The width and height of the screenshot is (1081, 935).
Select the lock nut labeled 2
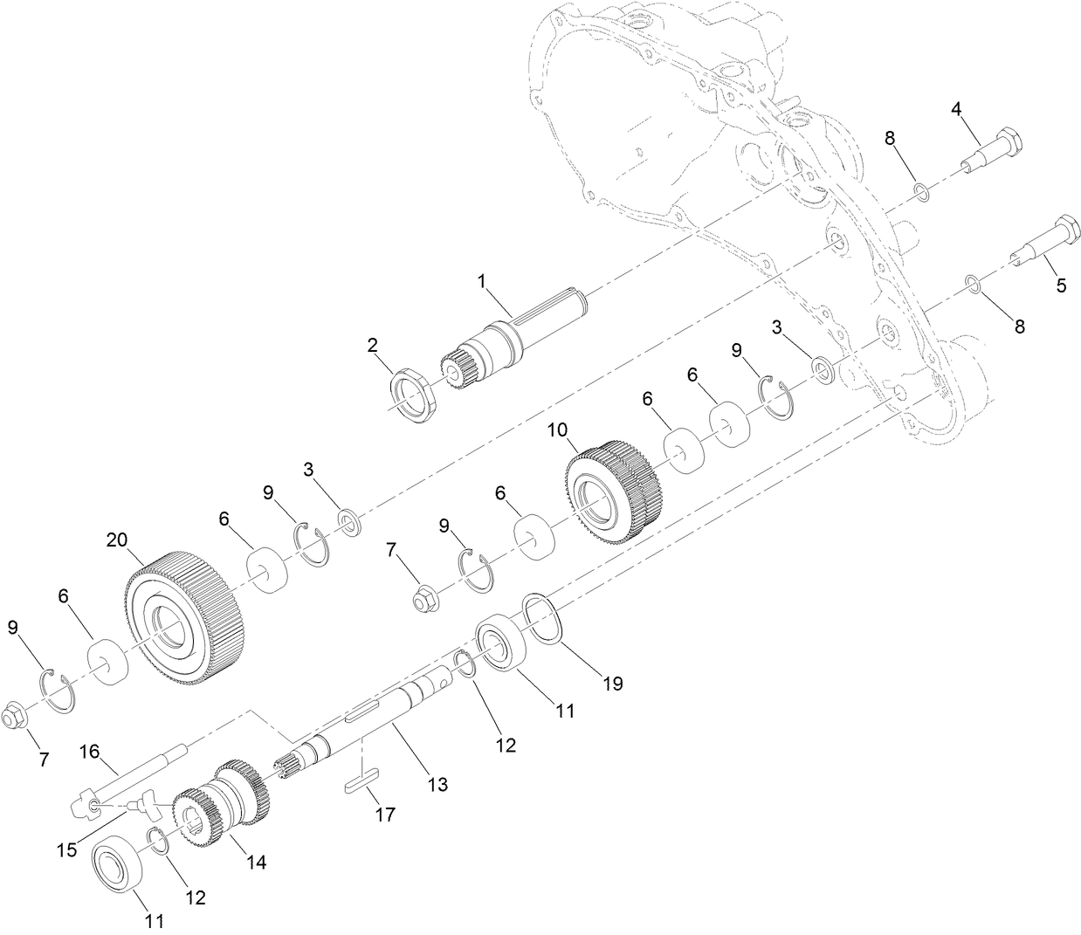(411, 394)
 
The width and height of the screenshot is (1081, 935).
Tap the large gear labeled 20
(183, 615)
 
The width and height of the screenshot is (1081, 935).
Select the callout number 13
(437, 784)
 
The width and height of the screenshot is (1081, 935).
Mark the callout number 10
(557, 430)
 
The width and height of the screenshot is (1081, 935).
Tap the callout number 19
(613, 683)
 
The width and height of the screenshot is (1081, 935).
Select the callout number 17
(384, 815)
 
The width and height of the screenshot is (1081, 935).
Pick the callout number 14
(255, 862)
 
